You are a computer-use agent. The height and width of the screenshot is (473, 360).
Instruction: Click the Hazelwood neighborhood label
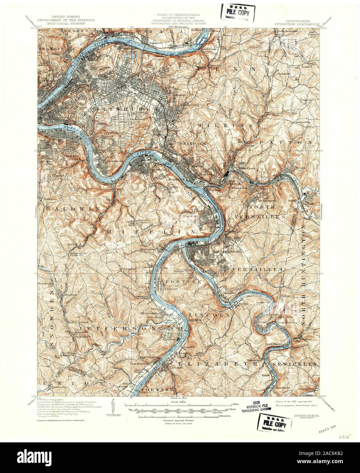tap(106, 159)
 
